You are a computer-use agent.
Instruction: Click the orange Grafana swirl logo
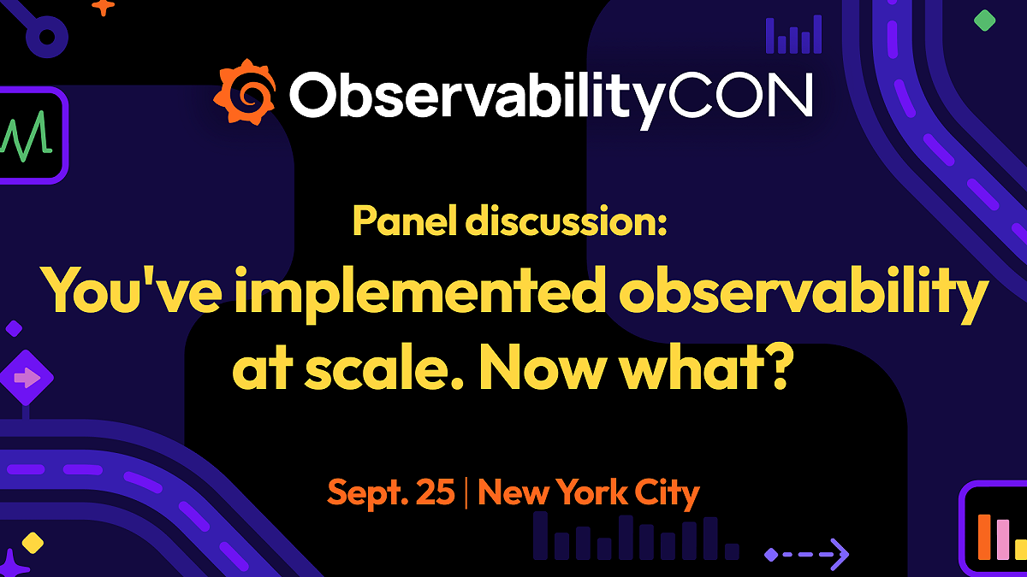245,91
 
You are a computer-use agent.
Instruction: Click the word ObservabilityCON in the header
549,96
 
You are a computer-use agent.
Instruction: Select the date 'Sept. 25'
391,493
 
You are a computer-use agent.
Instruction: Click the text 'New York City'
589,493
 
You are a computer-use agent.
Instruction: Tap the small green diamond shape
985,21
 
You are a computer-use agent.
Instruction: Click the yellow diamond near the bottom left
33,542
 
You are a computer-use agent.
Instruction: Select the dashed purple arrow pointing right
806,554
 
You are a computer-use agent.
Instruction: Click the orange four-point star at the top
104,7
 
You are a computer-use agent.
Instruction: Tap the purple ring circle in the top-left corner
45,36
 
